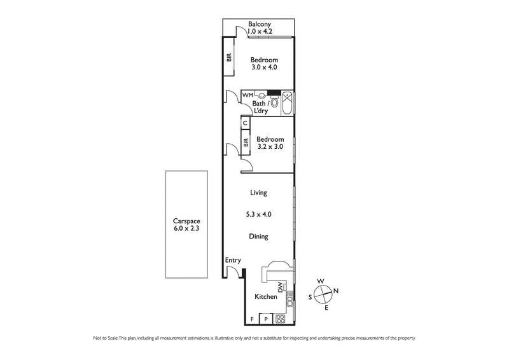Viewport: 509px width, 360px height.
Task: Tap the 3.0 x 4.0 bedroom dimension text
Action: (263, 67)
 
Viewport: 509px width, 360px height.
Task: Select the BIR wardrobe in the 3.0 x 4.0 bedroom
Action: (228, 58)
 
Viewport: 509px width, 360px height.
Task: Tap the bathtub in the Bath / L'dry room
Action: (288, 102)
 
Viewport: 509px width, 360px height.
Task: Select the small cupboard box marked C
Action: (245, 123)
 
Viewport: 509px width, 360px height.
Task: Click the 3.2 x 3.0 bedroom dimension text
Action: (270, 146)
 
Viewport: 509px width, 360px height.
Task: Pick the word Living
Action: (258, 192)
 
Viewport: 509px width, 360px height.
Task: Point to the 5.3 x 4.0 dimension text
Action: (258, 214)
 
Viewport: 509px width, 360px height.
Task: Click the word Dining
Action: (258, 236)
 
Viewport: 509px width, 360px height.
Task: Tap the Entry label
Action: (232, 261)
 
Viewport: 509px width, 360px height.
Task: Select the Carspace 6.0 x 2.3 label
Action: (186, 224)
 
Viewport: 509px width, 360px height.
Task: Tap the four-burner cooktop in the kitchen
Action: (280, 319)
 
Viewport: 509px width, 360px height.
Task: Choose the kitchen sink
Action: (289, 296)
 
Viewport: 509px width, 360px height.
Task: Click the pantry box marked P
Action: (265, 319)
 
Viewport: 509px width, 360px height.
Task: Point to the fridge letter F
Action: (253, 319)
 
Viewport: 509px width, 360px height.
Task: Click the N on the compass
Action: (336, 291)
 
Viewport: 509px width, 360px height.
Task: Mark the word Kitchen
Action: (266, 297)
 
